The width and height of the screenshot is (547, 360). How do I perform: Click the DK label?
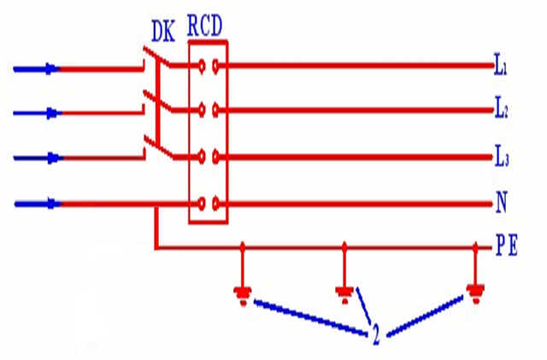tap(163, 32)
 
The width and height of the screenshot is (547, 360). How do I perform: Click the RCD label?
tap(205, 26)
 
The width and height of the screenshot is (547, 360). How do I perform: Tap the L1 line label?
tap(501, 65)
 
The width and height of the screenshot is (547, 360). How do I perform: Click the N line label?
tap(502, 202)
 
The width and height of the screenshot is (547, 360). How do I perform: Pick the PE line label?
tap(507, 245)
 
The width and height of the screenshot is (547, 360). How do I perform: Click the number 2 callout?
tap(376, 334)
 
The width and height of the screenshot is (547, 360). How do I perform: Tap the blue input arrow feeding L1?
tap(37, 69)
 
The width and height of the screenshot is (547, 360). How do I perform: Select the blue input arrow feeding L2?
tap(38, 113)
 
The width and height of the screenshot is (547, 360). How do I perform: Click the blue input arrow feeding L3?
tap(38, 158)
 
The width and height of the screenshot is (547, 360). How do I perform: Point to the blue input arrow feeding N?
tap(38, 204)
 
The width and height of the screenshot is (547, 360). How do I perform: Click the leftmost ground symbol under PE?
tap(243, 295)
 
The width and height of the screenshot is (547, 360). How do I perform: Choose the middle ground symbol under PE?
tap(344, 294)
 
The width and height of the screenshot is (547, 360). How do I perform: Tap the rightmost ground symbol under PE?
tap(475, 294)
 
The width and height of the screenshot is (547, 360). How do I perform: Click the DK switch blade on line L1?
tap(157, 56)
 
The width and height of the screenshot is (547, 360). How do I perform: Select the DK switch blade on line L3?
tap(159, 148)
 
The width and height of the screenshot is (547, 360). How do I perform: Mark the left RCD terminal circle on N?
tap(202, 204)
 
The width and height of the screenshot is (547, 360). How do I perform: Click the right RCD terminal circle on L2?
tap(216, 110)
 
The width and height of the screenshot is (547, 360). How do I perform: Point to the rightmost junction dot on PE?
tap(475, 248)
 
